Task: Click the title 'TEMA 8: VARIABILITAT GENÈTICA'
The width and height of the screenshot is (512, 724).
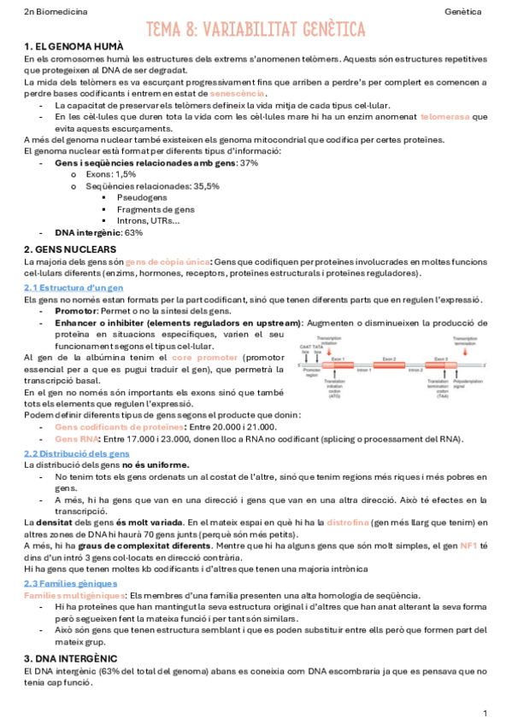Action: (x=255, y=30)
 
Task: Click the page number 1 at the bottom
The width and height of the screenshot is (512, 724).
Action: (x=485, y=712)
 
